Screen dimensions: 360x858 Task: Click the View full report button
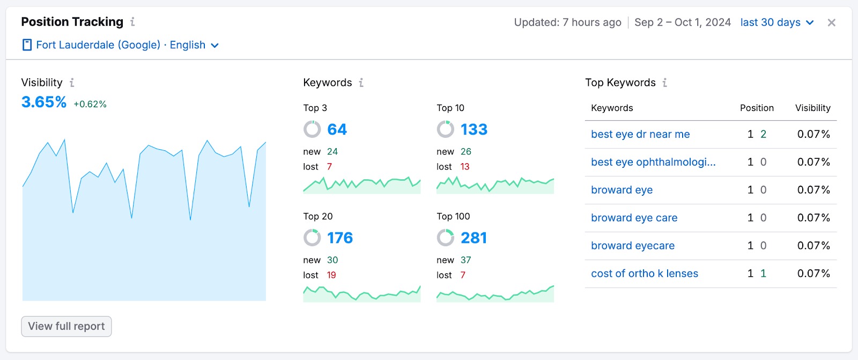tap(66, 326)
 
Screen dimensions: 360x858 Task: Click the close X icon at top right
tap(831, 23)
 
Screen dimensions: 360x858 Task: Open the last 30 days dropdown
tap(776, 23)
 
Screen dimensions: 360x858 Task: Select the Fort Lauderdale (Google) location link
tap(98, 45)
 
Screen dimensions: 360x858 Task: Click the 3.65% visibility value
tap(44, 102)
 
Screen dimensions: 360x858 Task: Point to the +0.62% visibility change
tap(90, 104)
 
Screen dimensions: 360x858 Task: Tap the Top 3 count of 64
tap(337, 129)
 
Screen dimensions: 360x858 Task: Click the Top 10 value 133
tap(474, 129)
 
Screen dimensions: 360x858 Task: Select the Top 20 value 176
tap(339, 238)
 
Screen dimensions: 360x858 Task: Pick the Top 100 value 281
tap(474, 238)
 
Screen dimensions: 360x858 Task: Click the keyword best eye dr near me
tap(640, 134)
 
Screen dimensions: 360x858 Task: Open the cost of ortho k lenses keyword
tap(644, 274)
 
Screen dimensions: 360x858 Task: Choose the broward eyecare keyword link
tap(633, 246)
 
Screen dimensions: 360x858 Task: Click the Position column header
tap(757, 108)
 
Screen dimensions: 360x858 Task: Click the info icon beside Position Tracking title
tap(132, 22)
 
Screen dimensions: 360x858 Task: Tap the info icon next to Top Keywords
tap(664, 83)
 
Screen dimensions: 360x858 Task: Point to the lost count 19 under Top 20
tap(331, 275)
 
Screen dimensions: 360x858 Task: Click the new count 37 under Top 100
tap(465, 260)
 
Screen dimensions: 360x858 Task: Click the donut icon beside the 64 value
tap(312, 129)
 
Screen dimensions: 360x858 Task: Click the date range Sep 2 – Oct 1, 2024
tap(682, 23)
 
